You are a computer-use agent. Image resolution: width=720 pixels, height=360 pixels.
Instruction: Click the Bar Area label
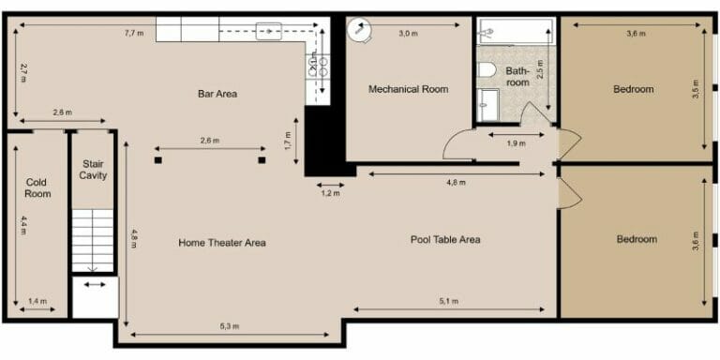pyautogui.click(x=217, y=94)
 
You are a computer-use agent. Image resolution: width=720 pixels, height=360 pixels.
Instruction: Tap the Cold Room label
pyautogui.click(x=37, y=187)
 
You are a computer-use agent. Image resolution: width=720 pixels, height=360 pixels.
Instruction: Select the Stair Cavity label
pyautogui.click(x=93, y=170)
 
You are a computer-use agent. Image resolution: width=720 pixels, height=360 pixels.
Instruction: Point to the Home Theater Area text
pyautogui.click(x=222, y=243)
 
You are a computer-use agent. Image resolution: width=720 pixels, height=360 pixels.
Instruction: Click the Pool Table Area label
pyautogui.click(x=445, y=239)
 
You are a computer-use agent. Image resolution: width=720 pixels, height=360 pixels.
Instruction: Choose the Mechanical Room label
pyautogui.click(x=408, y=89)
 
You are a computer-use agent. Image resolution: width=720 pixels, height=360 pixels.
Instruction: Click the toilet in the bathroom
pyautogui.click(x=486, y=70)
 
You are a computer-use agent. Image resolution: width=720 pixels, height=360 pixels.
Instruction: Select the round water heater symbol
pyautogui.click(x=357, y=30)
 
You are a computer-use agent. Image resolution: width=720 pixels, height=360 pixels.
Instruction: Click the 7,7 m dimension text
pyautogui.click(x=134, y=33)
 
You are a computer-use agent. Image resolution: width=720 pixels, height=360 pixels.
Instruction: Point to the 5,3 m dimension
pyautogui.click(x=229, y=326)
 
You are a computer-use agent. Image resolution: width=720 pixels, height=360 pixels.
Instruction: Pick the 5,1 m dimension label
pyautogui.click(x=449, y=301)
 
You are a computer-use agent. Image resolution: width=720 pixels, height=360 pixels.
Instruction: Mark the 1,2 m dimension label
pyautogui.click(x=330, y=194)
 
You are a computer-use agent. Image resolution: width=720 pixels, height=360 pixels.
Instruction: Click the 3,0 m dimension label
pyautogui.click(x=408, y=34)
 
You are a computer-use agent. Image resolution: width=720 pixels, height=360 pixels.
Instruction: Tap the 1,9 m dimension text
pyautogui.click(x=515, y=143)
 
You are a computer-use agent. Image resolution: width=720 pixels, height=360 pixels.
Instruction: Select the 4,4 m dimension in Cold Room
pyautogui.click(x=23, y=226)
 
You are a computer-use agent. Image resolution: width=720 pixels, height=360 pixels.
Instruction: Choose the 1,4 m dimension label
pyautogui.click(x=37, y=301)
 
